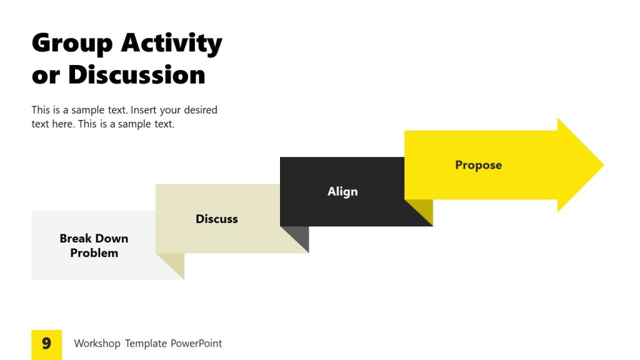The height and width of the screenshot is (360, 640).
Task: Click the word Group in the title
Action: pos(72,44)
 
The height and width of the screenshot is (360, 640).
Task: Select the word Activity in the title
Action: pos(171,44)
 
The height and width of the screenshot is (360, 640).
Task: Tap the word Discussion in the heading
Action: pos(136,75)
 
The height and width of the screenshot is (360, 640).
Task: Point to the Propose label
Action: pos(478,165)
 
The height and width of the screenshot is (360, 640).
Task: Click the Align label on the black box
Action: pos(342,192)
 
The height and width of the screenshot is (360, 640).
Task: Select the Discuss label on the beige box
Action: pos(217,219)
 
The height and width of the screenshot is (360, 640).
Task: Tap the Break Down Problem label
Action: pos(94,246)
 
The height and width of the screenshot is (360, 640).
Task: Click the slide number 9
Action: pos(46,344)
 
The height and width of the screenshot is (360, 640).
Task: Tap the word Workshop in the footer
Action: pos(97,343)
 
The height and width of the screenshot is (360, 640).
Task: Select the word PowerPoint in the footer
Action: pos(196,343)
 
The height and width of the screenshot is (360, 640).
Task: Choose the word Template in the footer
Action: pos(146,343)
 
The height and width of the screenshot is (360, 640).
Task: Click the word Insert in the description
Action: pos(144,110)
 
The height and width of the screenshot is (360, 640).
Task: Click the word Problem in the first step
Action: pos(94,253)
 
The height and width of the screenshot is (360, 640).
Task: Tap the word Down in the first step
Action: pos(112,238)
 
